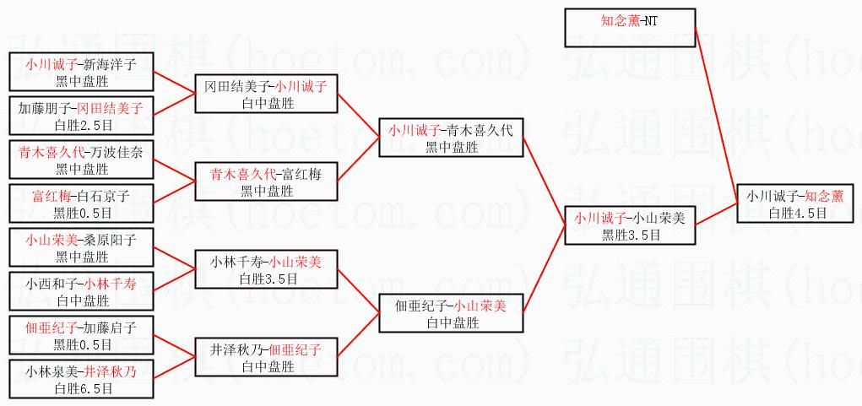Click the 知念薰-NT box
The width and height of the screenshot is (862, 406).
coord(629,28)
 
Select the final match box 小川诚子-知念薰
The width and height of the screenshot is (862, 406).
coord(794,204)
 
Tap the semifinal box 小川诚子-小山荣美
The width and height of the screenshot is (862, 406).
coord(629,225)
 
